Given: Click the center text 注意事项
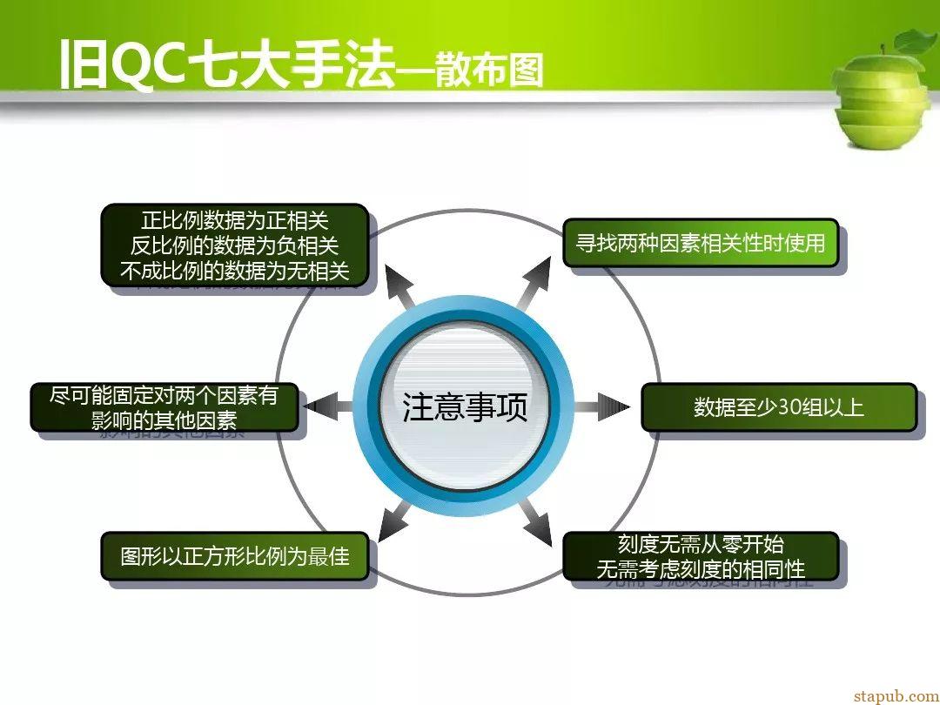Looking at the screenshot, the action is pos(465,407).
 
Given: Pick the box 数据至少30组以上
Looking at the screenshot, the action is pos(779,407).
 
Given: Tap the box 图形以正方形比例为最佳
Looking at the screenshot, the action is pos(234,555).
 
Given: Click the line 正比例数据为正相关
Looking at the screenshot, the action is pos(234,220).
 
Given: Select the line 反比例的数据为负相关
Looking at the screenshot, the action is pos(234,245).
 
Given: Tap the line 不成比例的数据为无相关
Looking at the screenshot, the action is pos(234,271).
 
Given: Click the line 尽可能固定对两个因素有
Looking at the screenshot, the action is pos(164,396).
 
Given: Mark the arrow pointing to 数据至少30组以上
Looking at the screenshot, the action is pos(601,407).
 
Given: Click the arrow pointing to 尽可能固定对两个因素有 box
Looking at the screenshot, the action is pos(328,407).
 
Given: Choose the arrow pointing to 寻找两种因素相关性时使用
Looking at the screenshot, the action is pos(534,284).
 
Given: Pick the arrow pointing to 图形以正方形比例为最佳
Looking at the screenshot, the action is pos(396,522).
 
